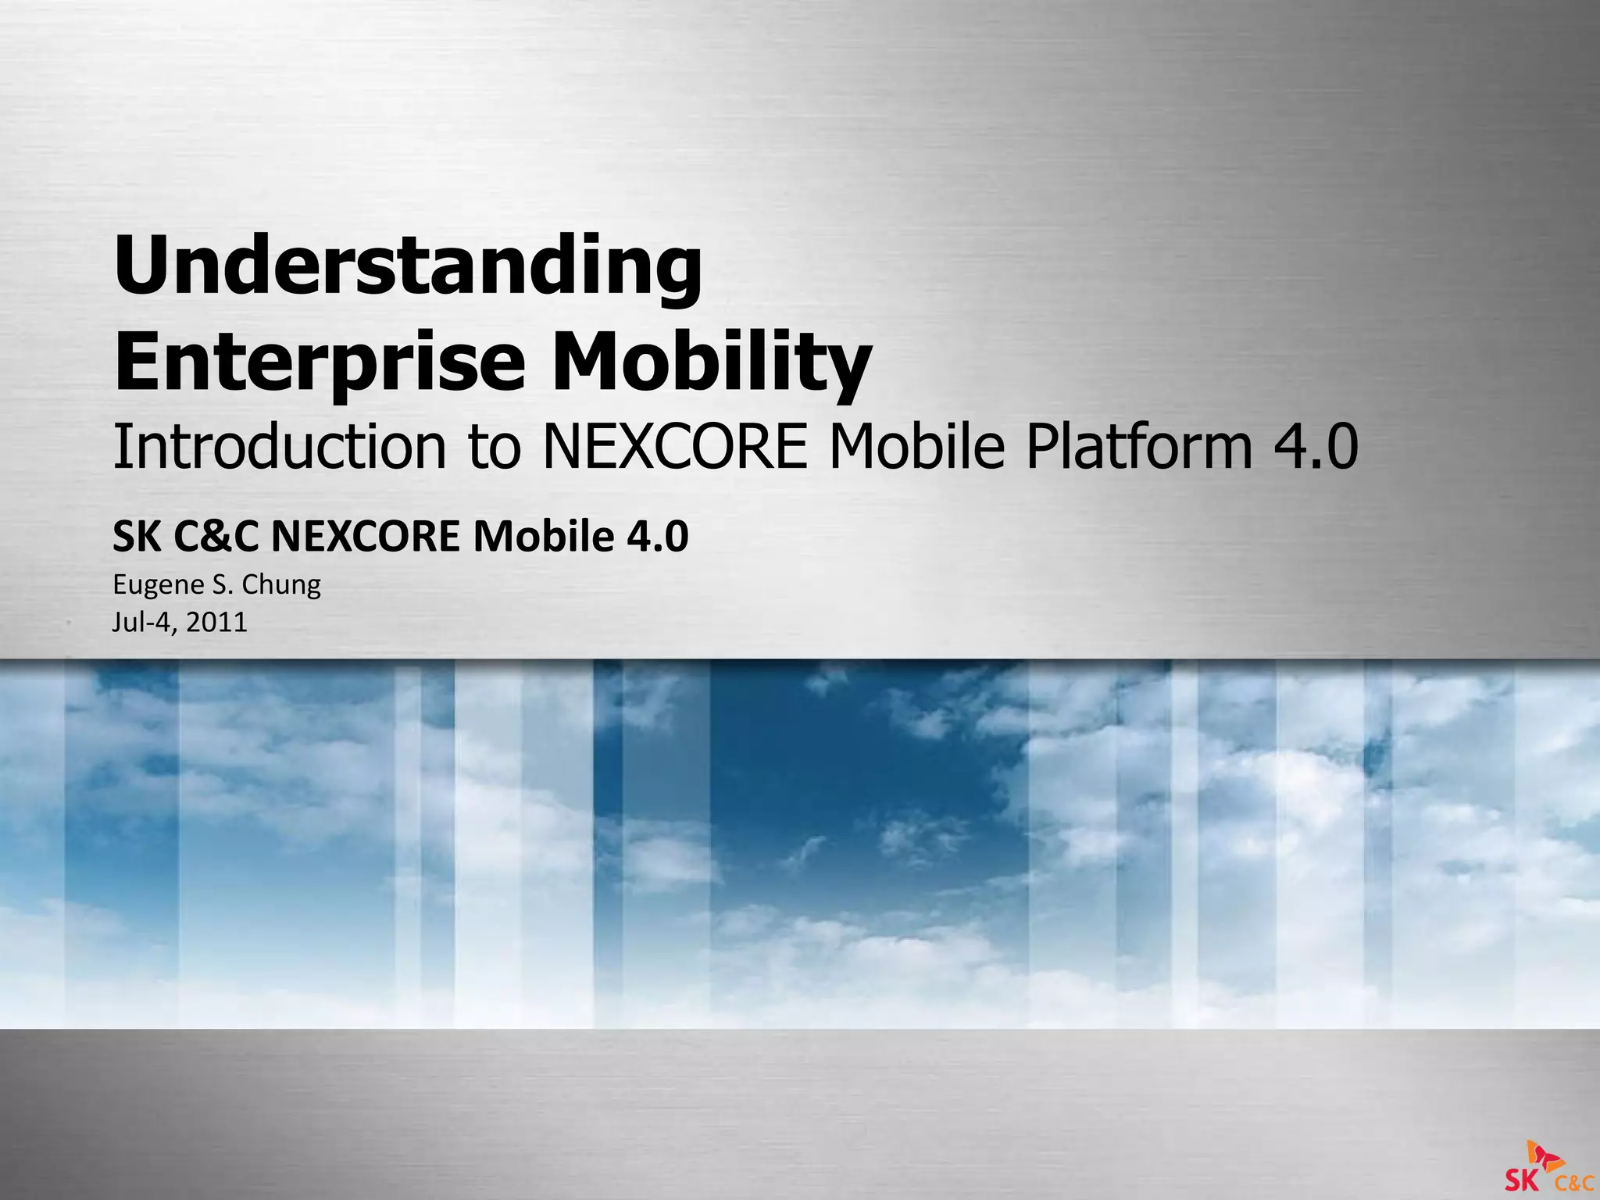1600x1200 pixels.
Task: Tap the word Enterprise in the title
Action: pyautogui.click(x=319, y=362)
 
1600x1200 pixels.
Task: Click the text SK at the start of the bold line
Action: pyautogui.click(x=137, y=537)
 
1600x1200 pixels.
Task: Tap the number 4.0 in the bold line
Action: pyautogui.click(x=657, y=537)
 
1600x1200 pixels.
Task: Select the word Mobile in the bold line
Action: pyautogui.click(x=543, y=537)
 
